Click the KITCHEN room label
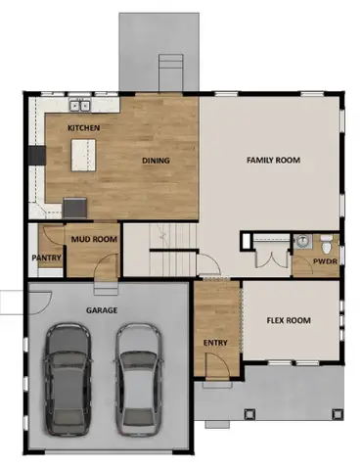(x=81, y=129)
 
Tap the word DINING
(x=157, y=161)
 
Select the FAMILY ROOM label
(x=273, y=161)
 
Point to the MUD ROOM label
(x=93, y=238)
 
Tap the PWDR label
(x=325, y=261)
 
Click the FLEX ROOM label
(x=289, y=320)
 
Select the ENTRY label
(x=215, y=343)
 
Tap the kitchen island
(x=84, y=155)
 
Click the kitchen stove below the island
(x=74, y=207)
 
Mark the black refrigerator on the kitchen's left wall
(x=38, y=155)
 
